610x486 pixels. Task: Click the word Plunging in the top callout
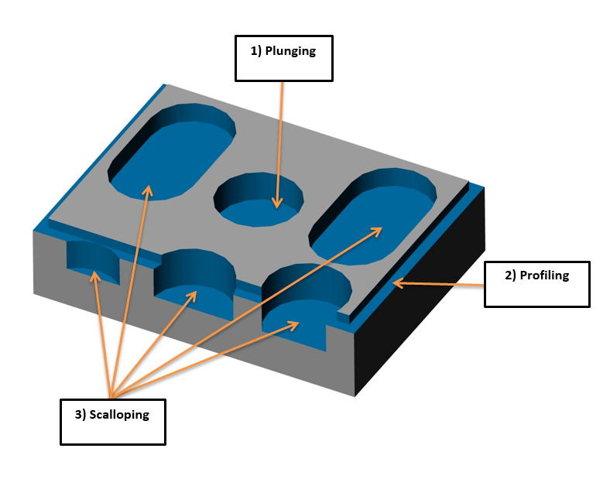[292, 52]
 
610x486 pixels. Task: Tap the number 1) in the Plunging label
[256, 52]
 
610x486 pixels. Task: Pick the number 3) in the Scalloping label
[81, 414]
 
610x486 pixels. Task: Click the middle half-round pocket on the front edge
[194, 298]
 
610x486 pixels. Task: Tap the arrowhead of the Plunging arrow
[276, 205]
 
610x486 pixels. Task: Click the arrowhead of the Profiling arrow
[396, 283]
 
